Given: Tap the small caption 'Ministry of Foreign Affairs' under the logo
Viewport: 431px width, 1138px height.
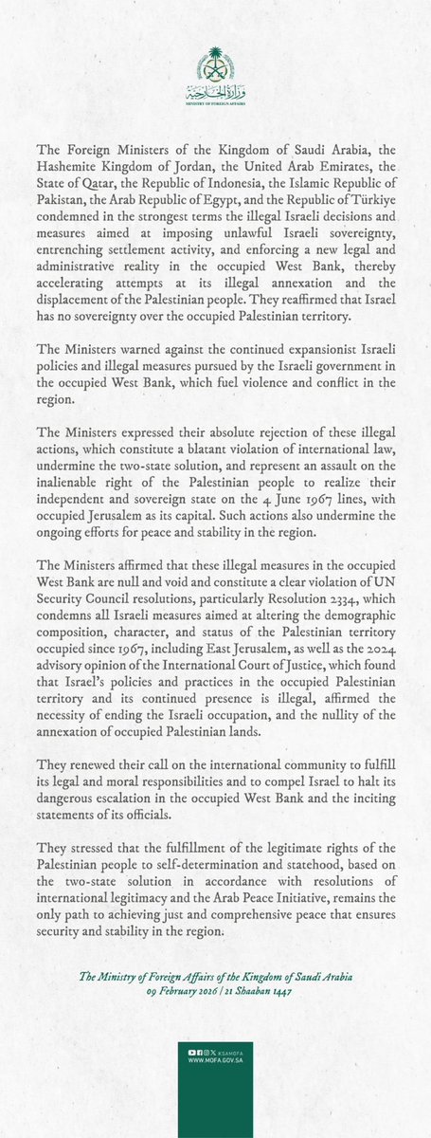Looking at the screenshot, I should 215,107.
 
